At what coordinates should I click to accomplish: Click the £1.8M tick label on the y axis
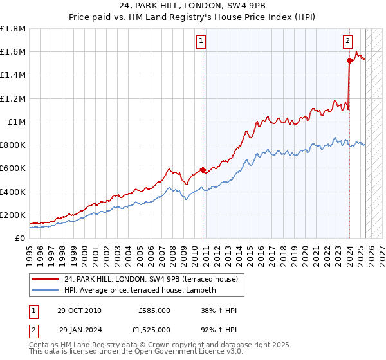(13, 29)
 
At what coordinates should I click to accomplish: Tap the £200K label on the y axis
(13, 215)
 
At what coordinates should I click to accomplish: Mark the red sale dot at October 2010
(203, 170)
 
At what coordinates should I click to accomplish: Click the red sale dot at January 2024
(349, 61)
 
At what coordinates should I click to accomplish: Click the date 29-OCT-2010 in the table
(79, 310)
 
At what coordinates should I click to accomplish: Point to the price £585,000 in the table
(154, 310)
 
